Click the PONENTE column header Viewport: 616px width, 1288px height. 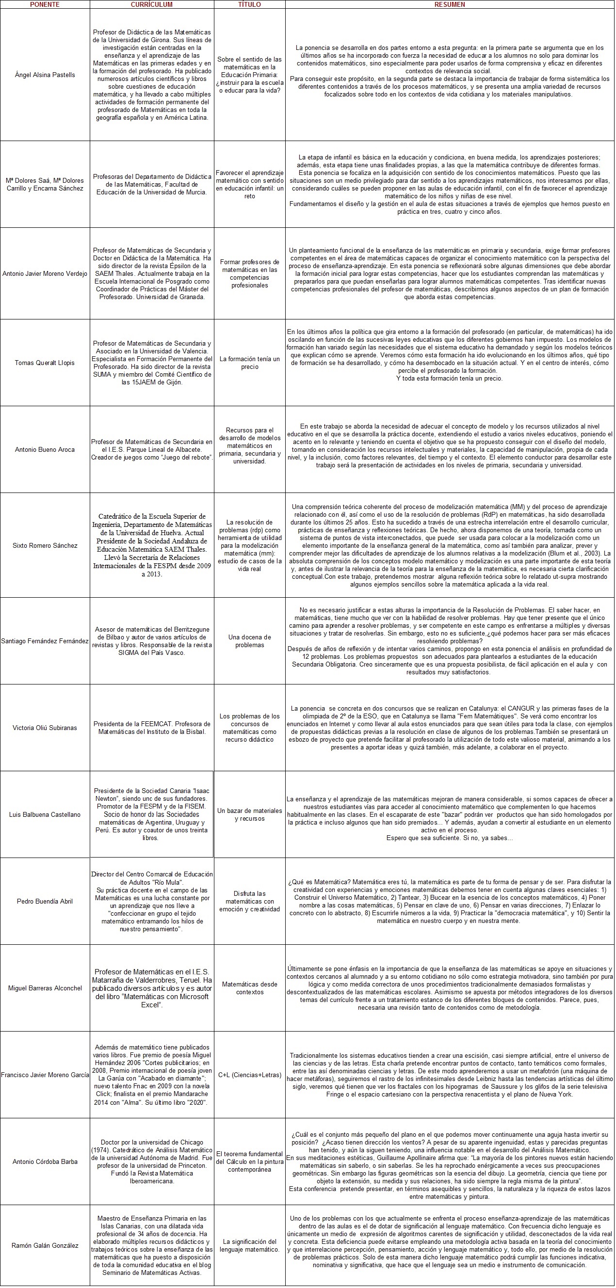[45, 4]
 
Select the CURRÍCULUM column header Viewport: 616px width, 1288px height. [152, 4]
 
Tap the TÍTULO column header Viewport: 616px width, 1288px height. [249, 4]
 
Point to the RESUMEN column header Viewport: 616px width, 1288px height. [449, 4]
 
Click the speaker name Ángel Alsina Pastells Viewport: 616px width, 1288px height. [45, 75]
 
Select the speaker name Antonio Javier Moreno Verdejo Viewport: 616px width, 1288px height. [45, 273]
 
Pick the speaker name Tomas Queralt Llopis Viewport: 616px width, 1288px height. [45, 363]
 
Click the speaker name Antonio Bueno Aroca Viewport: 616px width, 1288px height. [45, 449]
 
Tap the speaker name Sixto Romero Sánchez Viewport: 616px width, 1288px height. [45, 545]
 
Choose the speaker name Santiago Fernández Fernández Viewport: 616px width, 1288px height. [45, 641]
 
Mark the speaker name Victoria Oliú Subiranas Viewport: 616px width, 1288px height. [45, 728]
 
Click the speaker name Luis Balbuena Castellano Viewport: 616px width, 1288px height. [45, 814]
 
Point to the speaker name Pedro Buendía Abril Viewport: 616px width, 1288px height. [45, 901]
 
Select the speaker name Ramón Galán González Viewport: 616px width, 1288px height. [45, 1241]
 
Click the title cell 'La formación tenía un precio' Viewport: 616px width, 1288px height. [249, 363]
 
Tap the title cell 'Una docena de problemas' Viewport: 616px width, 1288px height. [249, 641]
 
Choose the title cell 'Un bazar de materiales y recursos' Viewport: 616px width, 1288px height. [249, 814]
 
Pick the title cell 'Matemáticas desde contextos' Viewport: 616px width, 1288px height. [249, 988]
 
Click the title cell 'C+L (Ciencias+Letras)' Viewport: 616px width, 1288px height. [249, 1075]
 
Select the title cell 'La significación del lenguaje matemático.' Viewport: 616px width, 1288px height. [249, 1241]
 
